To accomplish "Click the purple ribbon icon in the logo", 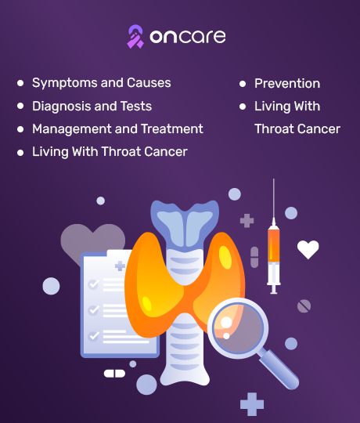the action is (135, 37).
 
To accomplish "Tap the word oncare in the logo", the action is (188, 36).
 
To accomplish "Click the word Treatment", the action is (172, 128).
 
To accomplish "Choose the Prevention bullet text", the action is (287, 83).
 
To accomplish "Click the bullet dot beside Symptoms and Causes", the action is (20, 83).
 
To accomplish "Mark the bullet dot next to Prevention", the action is (243, 84).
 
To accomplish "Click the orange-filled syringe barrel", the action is (273, 245).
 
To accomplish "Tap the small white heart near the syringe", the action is (308, 249).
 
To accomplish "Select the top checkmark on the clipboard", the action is (93, 284).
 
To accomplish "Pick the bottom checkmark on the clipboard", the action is (93, 336).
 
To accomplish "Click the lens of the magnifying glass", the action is (238, 327).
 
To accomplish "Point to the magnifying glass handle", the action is (279, 369).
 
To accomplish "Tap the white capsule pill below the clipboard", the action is (114, 374).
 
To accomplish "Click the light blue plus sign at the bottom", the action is (252, 404).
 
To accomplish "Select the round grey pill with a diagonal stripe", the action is (304, 306).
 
